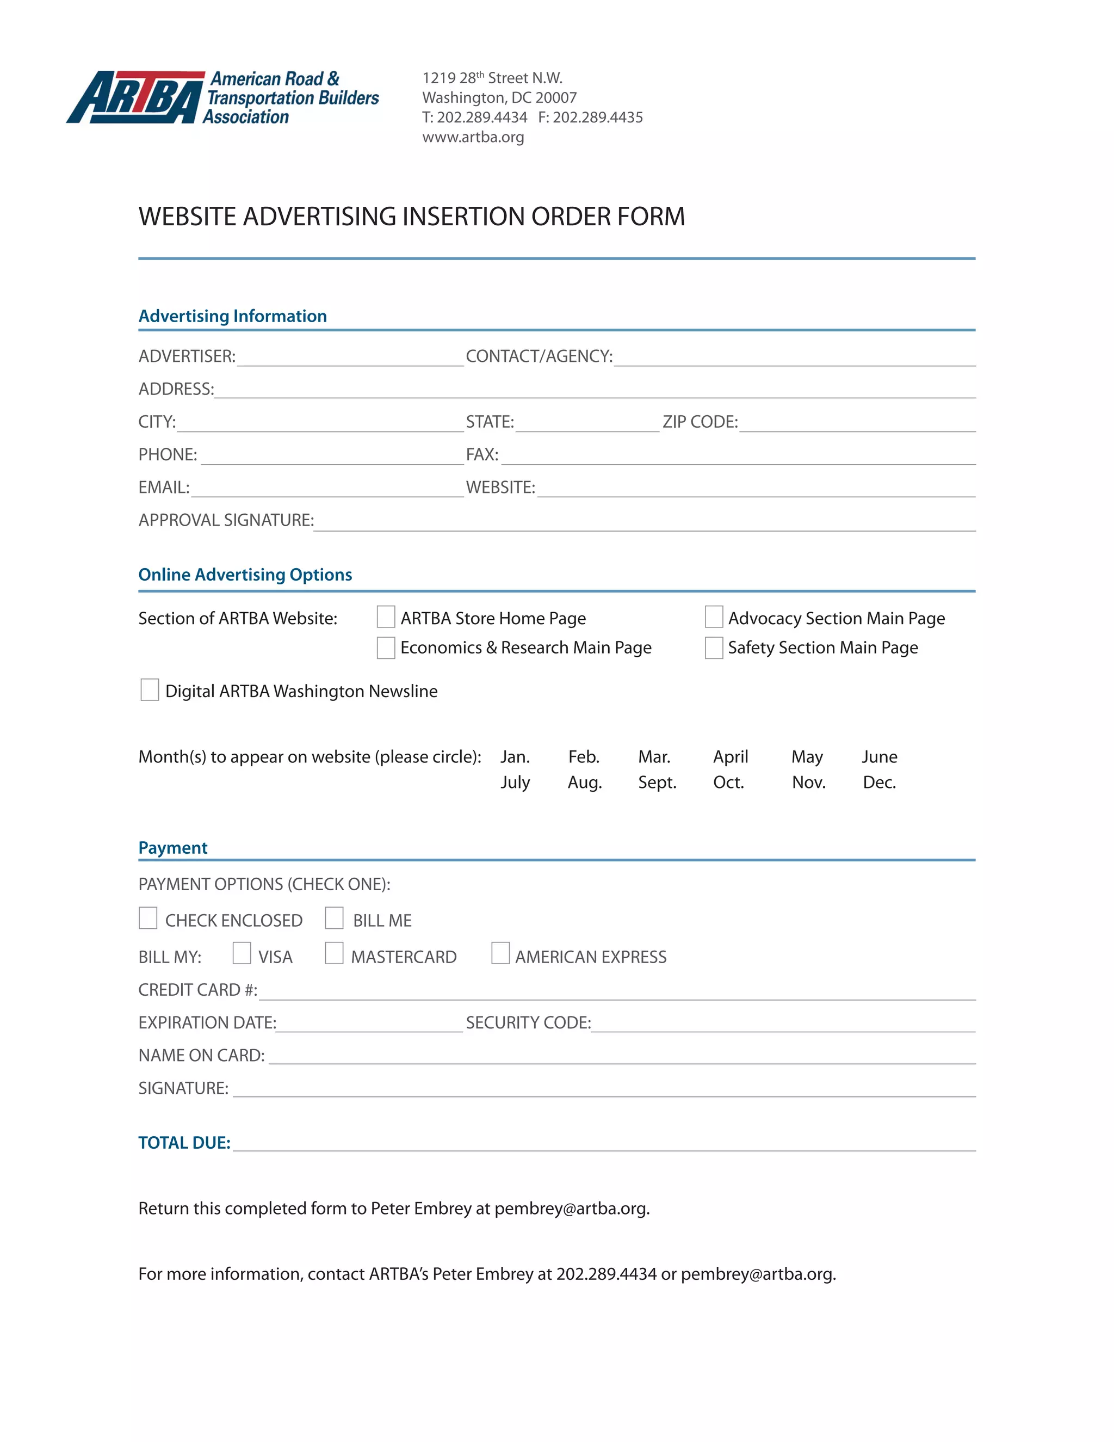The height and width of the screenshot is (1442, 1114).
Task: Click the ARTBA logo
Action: [x=223, y=98]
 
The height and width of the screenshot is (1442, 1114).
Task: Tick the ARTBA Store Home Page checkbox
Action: [x=386, y=618]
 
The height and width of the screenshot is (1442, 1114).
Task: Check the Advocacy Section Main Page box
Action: [x=714, y=618]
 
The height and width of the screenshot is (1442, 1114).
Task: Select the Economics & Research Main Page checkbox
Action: [x=386, y=647]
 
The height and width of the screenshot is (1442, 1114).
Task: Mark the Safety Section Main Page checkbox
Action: [x=714, y=647]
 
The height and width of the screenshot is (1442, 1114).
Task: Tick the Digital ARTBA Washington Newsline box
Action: [x=150, y=690]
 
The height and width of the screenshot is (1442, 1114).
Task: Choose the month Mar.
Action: [x=654, y=757]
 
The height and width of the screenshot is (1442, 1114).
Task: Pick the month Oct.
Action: [x=728, y=782]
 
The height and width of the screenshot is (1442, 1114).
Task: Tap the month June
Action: [x=879, y=757]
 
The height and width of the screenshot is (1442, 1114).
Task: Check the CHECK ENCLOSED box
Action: [x=148, y=919]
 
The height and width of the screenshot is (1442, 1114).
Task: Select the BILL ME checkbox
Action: [x=335, y=919]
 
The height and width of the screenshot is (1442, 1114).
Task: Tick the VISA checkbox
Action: [x=242, y=953]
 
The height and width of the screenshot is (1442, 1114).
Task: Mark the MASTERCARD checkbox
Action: [x=335, y=953]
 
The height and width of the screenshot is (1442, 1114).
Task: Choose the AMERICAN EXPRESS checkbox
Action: [x=501, y=953]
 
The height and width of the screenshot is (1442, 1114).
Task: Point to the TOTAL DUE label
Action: [x=184, y=1143]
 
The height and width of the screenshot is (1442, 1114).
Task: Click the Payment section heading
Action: [x=173, y=848]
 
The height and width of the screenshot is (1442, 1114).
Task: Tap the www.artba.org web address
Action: [x=473, y=137]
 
